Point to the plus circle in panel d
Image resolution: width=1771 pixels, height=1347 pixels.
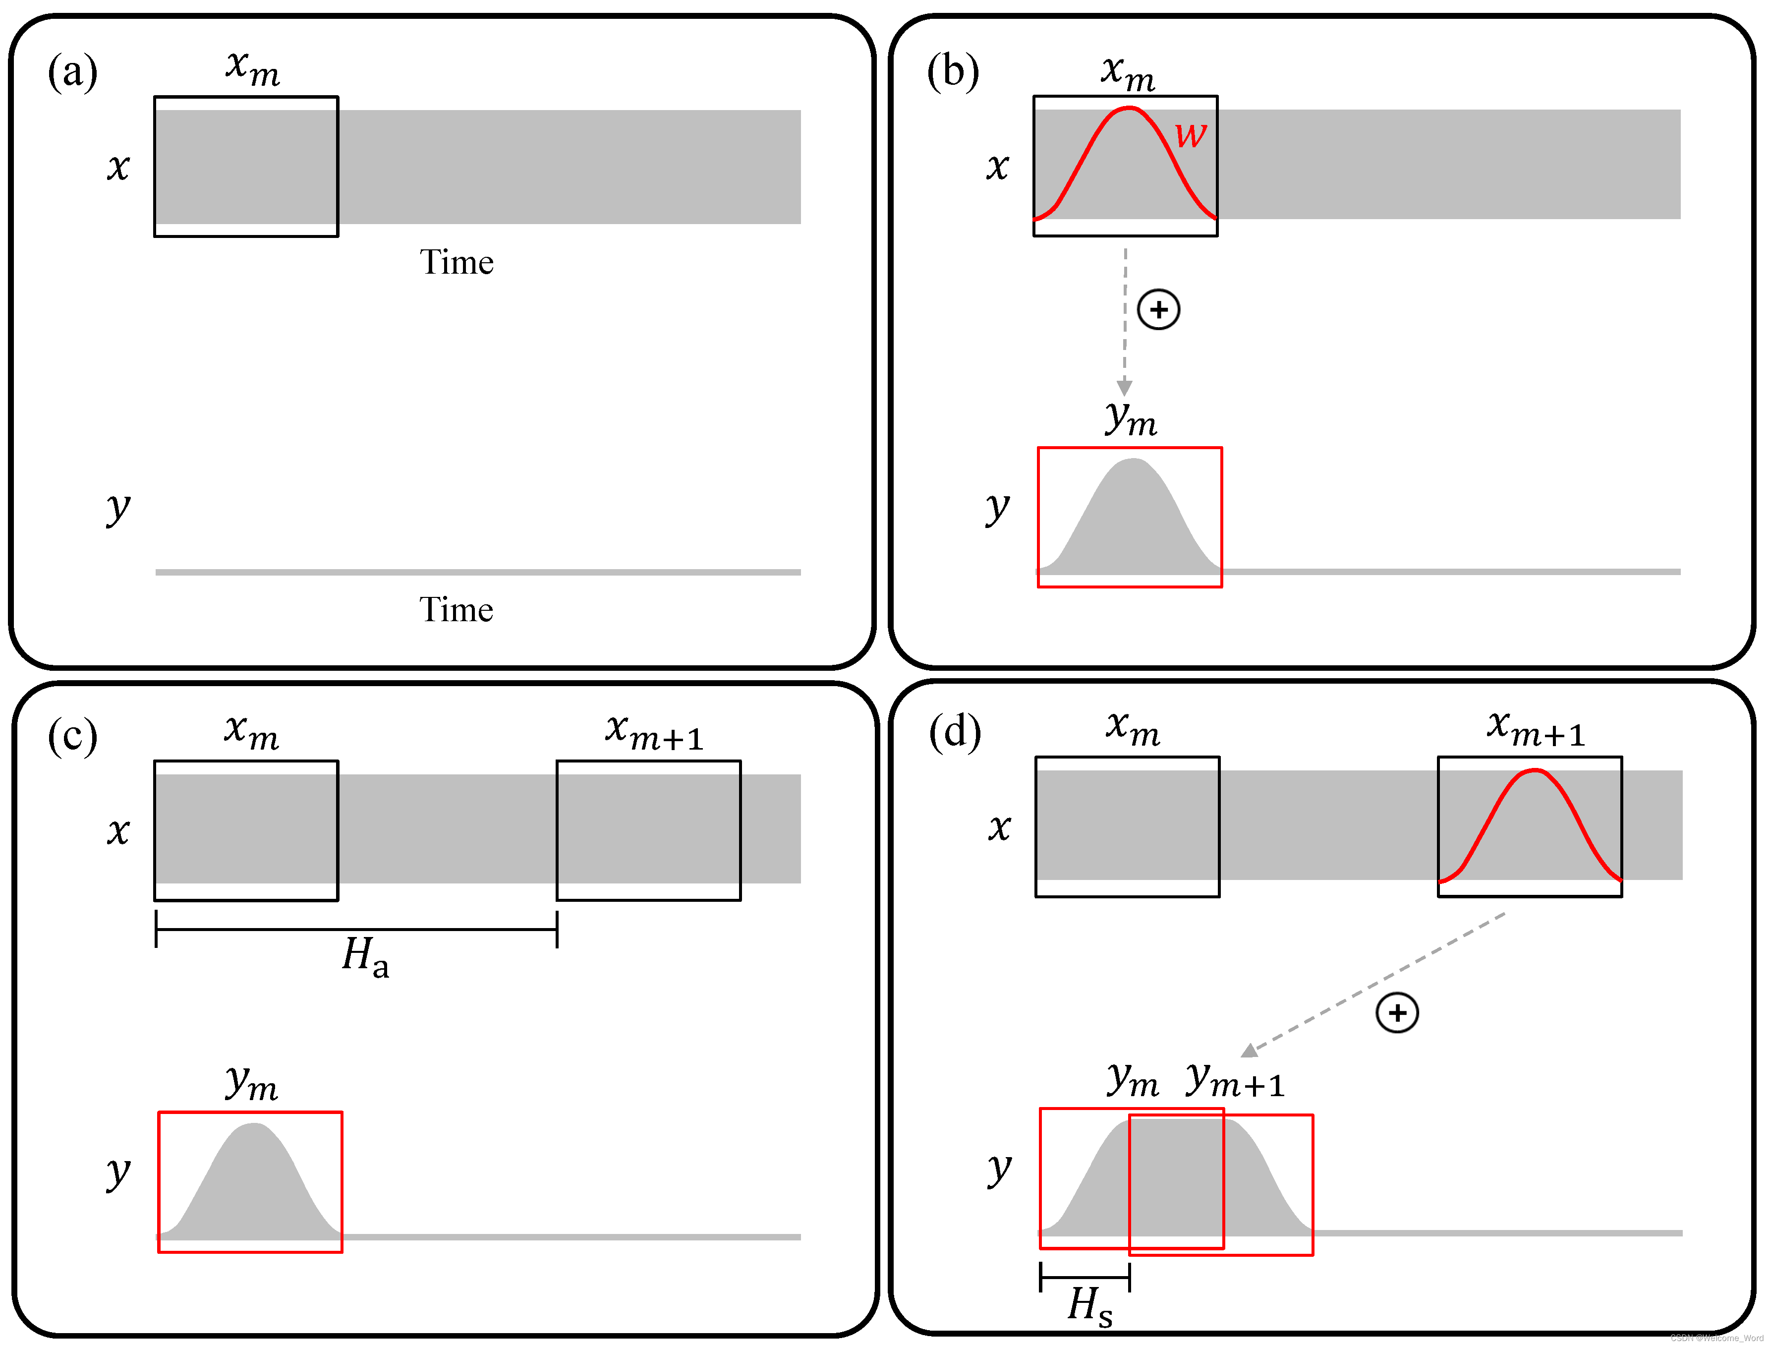(1397, 1013)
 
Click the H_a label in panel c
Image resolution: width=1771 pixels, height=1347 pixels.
(365, 956)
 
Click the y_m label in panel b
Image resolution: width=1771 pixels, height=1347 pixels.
(1131, 418)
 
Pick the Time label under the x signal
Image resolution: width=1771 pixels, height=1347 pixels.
(456, 262)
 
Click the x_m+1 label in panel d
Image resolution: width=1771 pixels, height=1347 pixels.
(1535, 728)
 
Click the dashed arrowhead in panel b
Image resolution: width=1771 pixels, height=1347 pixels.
(1124, 388)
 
